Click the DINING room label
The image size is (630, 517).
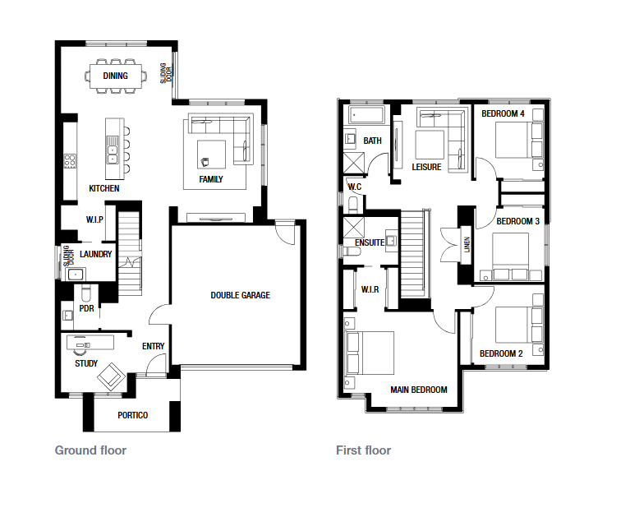[115, 76]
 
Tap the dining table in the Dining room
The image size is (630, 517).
[116, 76]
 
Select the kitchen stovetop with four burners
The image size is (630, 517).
[70, 161]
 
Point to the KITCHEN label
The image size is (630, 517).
[104, 188]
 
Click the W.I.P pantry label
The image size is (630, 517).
[94, 219]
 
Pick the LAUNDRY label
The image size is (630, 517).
[95, 254]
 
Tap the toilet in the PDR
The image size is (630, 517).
[86, 293]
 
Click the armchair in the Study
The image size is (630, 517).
[111, 376]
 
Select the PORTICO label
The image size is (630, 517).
[132, 415]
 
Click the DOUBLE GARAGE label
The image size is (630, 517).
[241, 295]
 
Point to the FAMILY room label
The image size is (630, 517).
[211, 179]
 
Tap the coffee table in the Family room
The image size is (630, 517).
[211, 155]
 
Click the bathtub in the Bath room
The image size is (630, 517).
[366, 115]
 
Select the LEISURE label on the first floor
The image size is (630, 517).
[426, 167]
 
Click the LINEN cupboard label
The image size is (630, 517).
[467, 244]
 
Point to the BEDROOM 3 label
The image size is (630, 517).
[518, 222]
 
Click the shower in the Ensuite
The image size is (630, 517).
[353, 228]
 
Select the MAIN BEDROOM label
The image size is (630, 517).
[419, 390]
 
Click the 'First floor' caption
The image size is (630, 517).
[363, 450]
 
